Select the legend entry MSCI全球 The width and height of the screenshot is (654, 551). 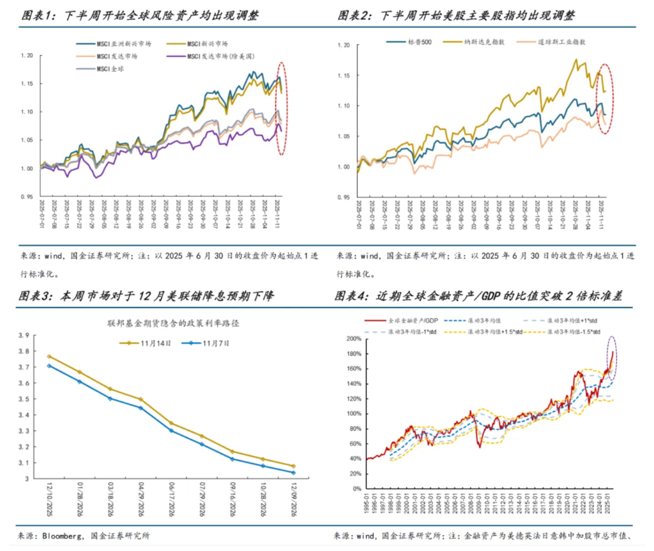tap(110, 69)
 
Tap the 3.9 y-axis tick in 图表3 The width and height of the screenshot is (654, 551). tap(24, 336)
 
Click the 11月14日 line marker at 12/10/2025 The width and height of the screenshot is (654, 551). tap(49, 357)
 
